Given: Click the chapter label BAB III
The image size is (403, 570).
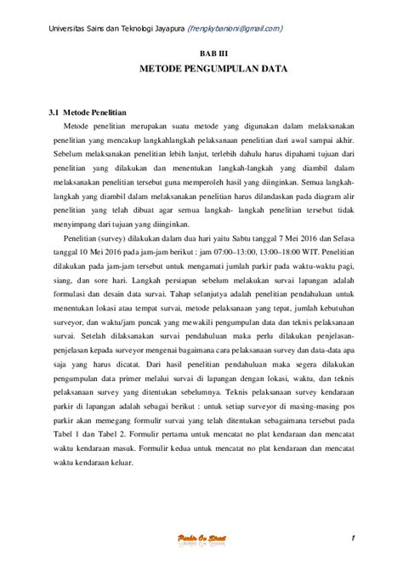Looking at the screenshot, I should pos(201,52).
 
